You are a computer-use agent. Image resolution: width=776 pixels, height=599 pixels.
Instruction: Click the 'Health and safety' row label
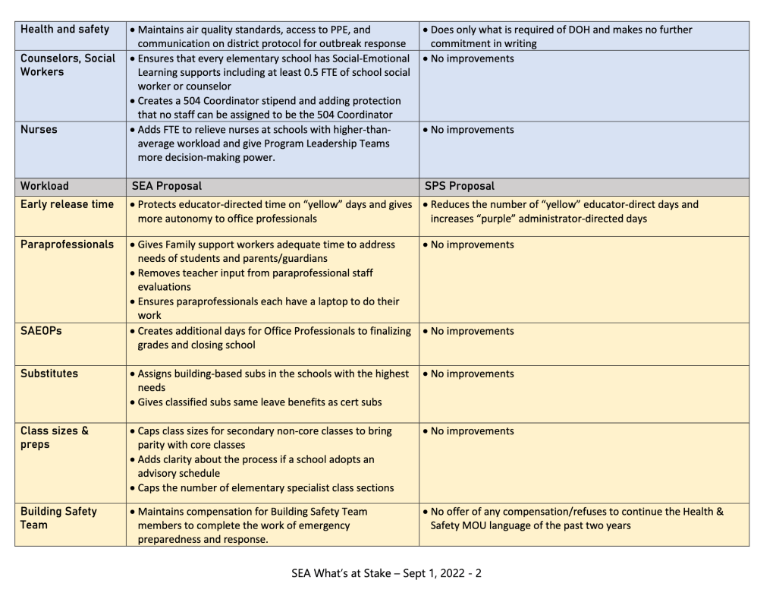click(64, 30)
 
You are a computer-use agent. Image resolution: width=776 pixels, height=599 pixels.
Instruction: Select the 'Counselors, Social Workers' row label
click(67, 66)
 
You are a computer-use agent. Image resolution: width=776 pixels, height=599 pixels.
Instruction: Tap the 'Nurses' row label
click(39, 130)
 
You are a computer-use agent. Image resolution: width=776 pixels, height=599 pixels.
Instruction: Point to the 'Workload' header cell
click(45, 186)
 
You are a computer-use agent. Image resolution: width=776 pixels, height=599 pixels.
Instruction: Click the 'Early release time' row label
click(67, 204)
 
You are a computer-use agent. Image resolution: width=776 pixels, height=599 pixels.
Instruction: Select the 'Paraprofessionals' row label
click(68, 244)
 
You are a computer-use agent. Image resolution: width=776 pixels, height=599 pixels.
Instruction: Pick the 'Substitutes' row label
click(49, 374)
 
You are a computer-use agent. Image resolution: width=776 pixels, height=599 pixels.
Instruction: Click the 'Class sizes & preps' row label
click(55, 437)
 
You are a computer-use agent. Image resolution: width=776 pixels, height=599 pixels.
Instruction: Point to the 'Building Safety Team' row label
click(59, 519)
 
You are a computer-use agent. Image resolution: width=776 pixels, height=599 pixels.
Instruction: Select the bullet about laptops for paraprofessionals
click(267, 307)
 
